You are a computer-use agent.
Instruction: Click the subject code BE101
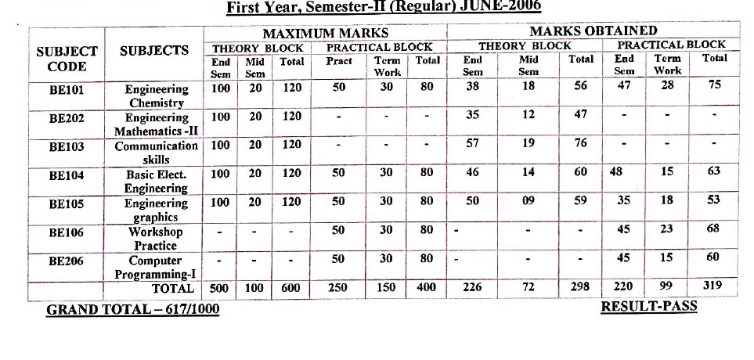66,89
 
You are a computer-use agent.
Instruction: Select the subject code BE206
66,261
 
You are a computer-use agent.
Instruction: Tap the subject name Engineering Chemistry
157,96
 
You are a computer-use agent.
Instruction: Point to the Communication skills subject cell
157,153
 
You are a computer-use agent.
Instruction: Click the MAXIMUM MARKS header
325,34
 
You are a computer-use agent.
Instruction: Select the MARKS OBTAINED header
593,31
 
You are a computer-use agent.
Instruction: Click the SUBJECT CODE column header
67,59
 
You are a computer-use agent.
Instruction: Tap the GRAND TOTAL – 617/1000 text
133,310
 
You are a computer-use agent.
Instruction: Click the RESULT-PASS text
648,306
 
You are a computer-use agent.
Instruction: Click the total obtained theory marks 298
580,286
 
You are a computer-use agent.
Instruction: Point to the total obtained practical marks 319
713,286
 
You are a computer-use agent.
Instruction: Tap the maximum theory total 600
292,288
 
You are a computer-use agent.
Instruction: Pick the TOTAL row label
171,288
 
